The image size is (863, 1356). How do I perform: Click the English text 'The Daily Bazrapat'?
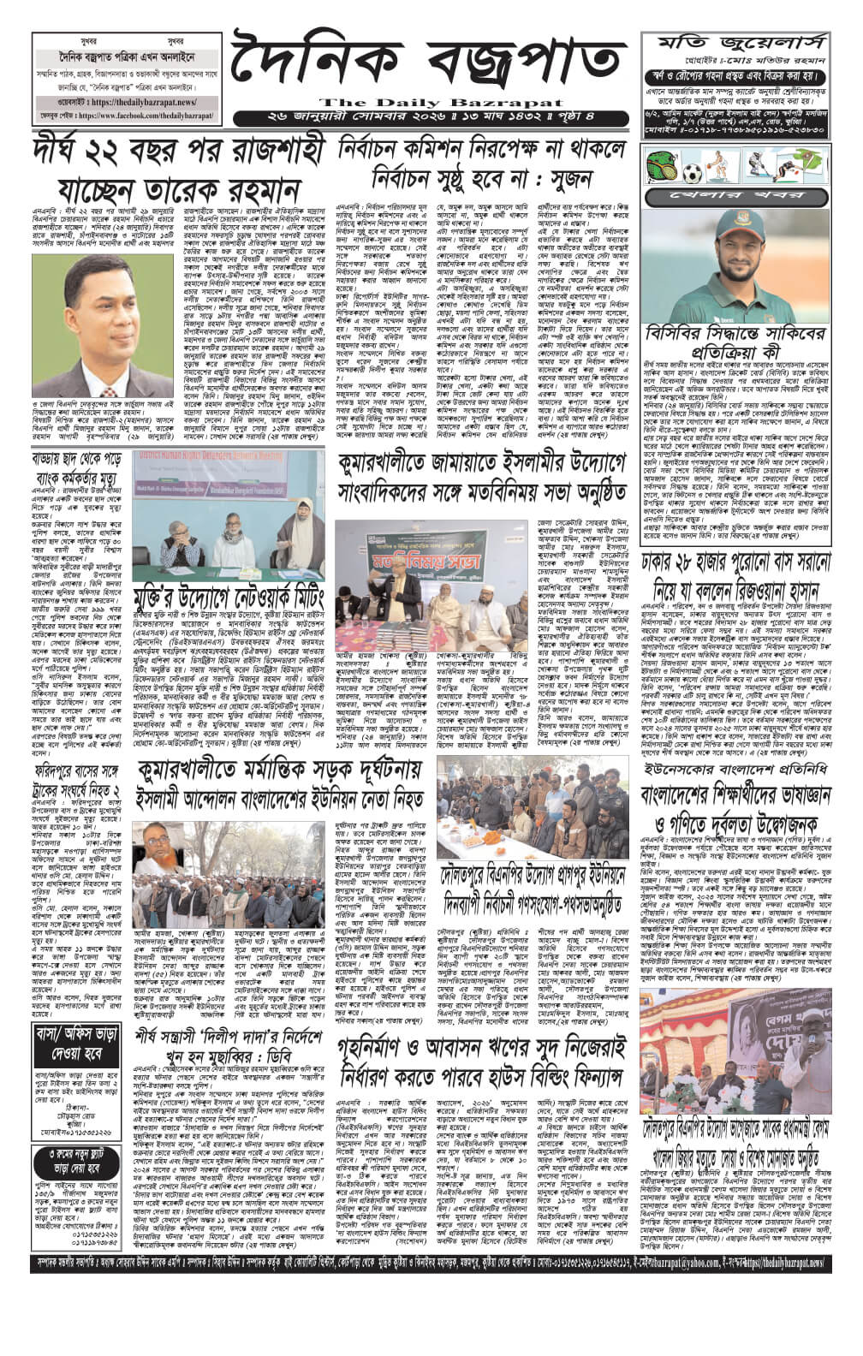point(429,99)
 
